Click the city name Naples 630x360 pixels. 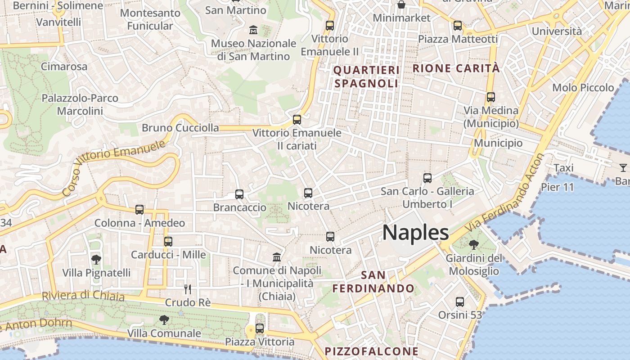tap(415, 233)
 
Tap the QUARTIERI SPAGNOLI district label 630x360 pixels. tap(366, 77)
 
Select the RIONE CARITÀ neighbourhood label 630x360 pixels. tap(456, 68)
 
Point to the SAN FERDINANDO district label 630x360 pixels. tap(373, 282)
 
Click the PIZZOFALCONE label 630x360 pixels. tap(372, 351)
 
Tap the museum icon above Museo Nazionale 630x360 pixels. tap(253, 30)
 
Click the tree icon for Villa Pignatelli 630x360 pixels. tap(96, 259)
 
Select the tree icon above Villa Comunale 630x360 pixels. tap(164, 320)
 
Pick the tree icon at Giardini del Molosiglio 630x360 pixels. tap(473, 245)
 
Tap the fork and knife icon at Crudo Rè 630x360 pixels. tap(188, 289)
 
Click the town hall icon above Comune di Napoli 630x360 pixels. tap(277, 257)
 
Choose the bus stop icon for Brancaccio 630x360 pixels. tap(239, 194)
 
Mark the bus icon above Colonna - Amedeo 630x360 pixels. tap(139, 210)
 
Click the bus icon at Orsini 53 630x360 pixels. tap(460, 302)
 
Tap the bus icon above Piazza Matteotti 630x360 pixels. tap(458, 26)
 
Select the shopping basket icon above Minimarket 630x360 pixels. tap(401, 5)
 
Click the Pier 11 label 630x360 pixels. tap(558, 187)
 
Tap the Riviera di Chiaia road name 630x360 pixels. tap(83, 296)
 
